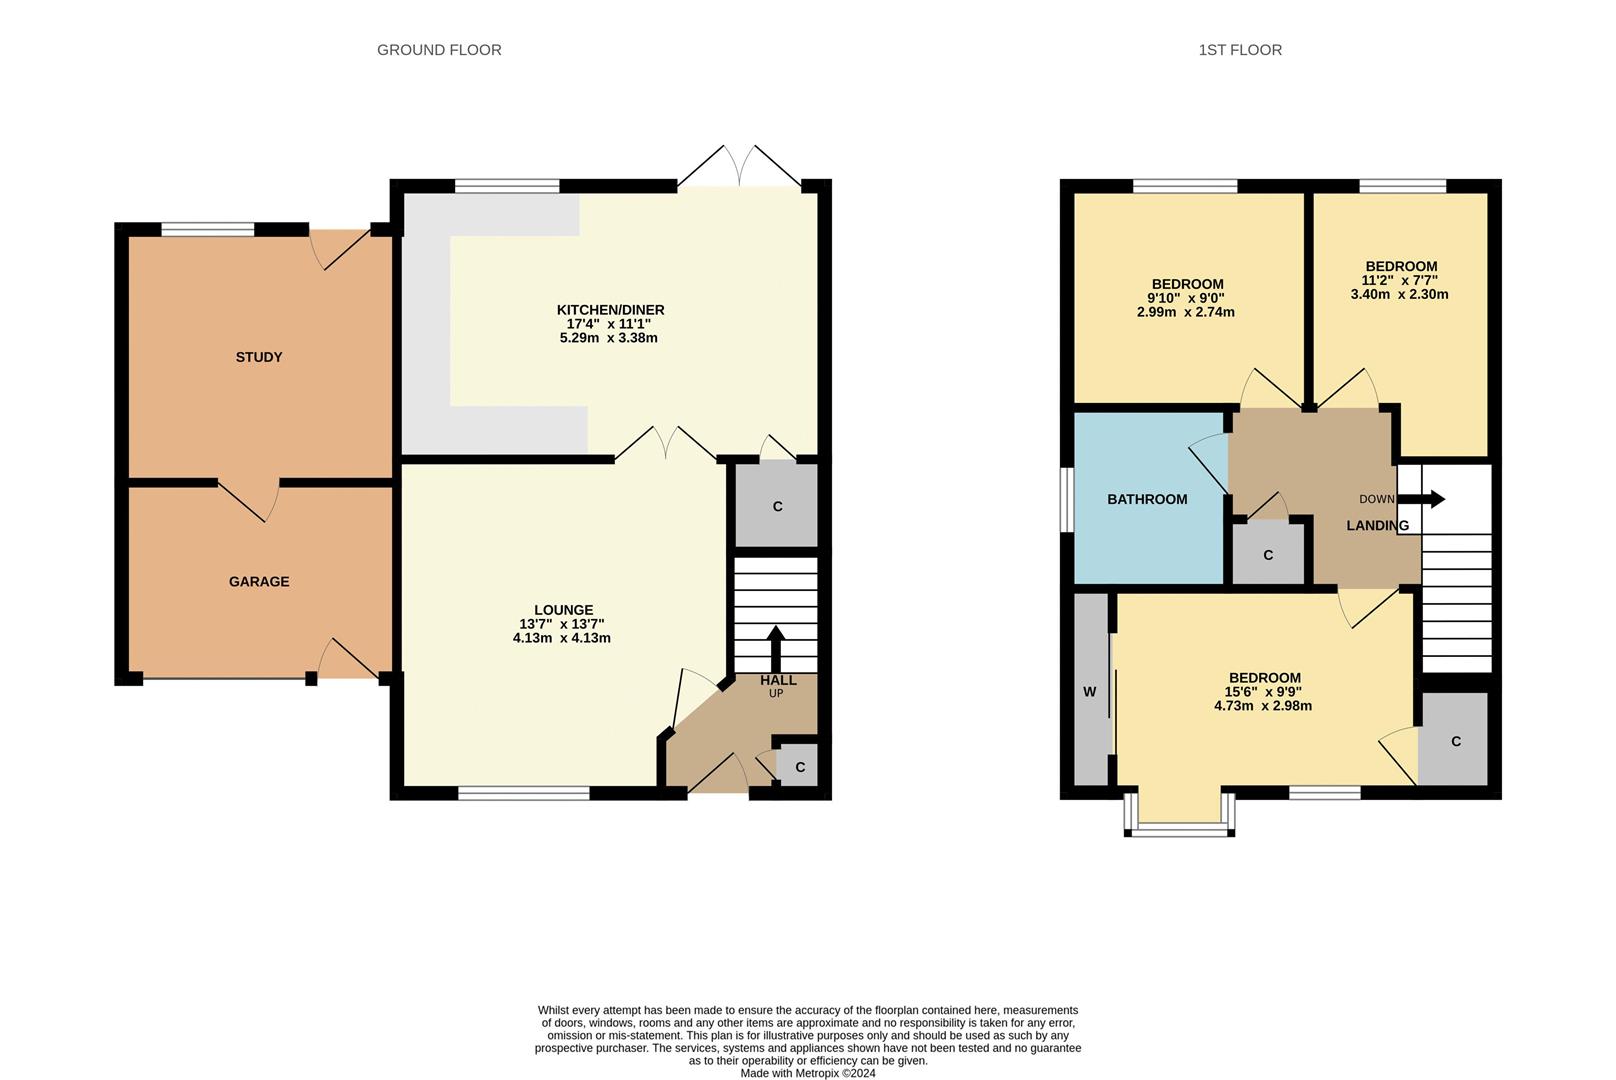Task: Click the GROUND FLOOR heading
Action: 439,50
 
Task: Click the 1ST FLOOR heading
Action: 1240,50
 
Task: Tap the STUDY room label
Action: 259,357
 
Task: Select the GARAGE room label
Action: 259,581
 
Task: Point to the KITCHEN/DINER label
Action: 610,310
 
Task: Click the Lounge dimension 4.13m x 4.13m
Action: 561,638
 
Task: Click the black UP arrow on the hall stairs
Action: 776,649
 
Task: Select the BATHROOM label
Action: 1147,499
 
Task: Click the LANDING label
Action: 1377,525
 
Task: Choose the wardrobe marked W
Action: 1090,691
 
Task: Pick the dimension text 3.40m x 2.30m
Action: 1399,295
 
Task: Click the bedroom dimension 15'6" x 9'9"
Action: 1263,691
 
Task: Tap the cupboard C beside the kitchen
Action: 777,506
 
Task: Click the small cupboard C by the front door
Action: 799,767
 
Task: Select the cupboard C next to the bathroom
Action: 1268,555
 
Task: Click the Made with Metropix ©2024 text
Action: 808,1073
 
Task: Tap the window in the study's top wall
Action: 208,229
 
